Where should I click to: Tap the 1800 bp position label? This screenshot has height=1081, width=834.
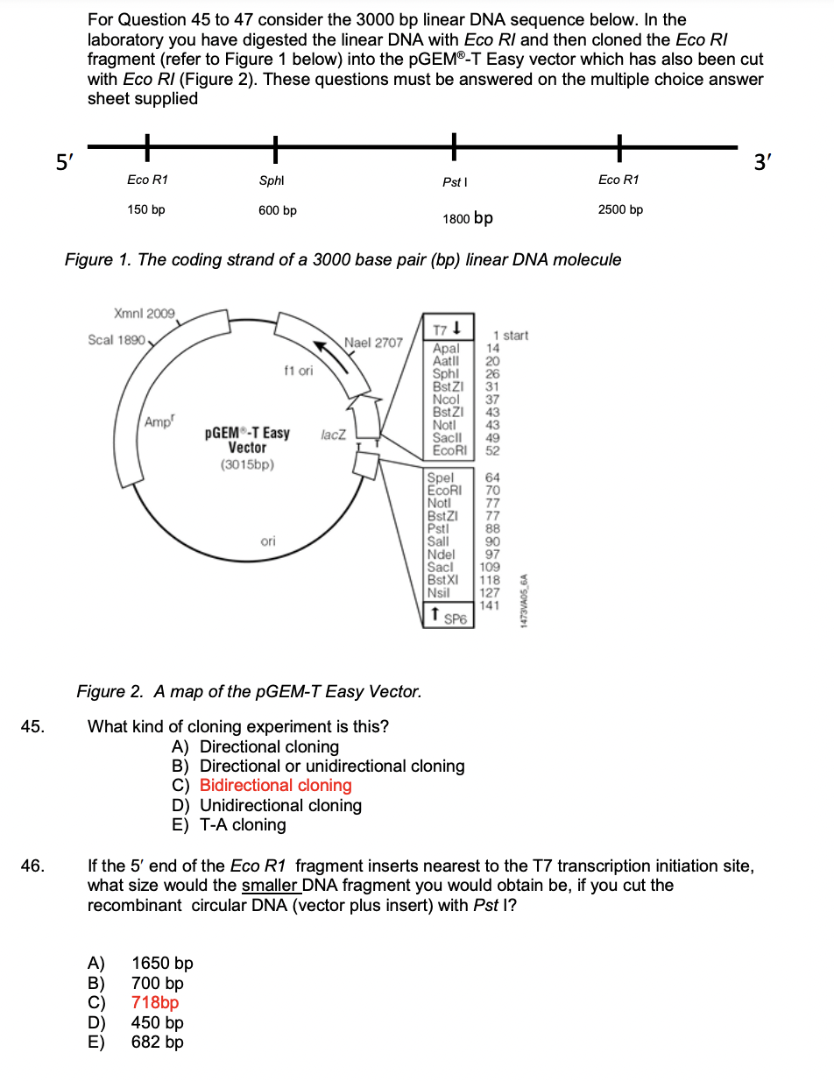click(x=468, y=217)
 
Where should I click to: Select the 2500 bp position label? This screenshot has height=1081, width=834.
click(x=619, y=210)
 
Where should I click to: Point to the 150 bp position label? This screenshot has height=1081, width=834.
click(x=146, y=210)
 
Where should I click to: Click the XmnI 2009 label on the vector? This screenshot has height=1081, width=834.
click(x=144, y=313)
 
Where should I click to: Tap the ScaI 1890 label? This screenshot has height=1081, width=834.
click(x=117, y=339)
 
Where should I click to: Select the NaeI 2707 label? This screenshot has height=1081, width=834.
click(x=373, y=342)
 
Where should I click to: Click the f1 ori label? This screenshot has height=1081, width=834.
click(x=299, y=371)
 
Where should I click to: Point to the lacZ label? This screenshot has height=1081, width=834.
click(x=334, y=434)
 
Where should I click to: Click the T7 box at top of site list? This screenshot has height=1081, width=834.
click(x=448, y=329)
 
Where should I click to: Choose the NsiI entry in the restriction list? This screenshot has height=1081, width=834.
click(x=441, y=592)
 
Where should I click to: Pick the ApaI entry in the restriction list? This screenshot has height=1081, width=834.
click(x=446, y=349)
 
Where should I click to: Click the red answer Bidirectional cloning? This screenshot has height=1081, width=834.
click(x=275, y=786)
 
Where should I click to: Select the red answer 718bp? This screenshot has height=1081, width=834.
click(x=155, y=1003)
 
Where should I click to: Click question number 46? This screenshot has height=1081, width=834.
click(x=32, y=866)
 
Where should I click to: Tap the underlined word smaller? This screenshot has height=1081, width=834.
click(x=270, y=886)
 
